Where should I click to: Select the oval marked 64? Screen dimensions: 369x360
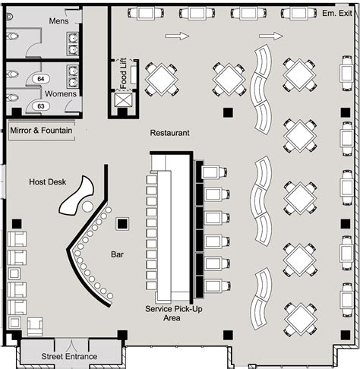tap(41, 78)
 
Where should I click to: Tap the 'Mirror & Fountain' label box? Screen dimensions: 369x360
tap(42, 131)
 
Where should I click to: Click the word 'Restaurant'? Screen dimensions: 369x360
tap(169, 133)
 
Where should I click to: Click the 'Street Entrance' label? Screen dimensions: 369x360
tap(69, 356)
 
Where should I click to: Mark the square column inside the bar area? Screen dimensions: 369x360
tap(122, 224)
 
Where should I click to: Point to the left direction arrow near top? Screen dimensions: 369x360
tap(176, 35)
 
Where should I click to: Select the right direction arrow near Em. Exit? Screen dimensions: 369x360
tap(270, 35)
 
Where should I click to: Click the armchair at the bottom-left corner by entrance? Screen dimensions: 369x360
tap(34, 326)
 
